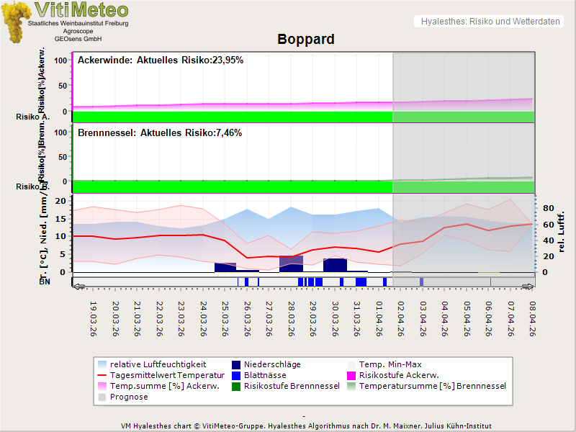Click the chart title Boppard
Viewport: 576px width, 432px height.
pos(305,39)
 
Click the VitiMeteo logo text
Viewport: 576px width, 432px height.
pos(81,10)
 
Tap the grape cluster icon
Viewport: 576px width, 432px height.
pos(15,21)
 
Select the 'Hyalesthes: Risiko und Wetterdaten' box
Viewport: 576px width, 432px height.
pos(489,22)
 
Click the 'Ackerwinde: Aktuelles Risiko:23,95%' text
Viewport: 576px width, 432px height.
pos(161,60)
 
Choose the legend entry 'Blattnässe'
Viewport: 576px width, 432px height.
pos(265,375)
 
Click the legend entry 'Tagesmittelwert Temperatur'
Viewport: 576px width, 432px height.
pos(161,375)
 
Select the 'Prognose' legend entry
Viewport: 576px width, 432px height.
pos(129,397)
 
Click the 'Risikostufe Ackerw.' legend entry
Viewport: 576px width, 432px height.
pos(398,375)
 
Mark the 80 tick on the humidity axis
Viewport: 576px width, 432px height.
pos(547,209)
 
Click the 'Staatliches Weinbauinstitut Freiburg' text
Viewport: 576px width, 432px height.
pos(78,24)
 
